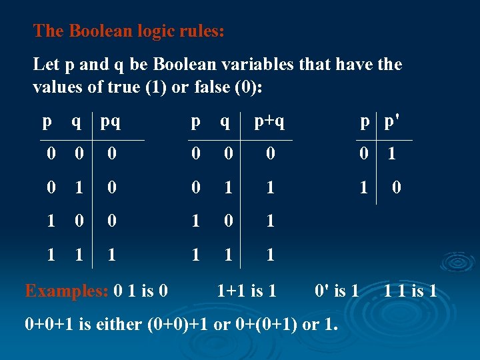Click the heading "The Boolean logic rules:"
(129, 31)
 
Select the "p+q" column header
(270, 123)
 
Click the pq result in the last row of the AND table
(112, 254)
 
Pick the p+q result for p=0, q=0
(270, 155)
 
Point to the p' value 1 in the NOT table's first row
(392, 155)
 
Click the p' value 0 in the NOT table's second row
(396, 188)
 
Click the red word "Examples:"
(67, 290)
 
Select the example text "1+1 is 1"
(247, 290)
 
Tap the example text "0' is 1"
(337, 290)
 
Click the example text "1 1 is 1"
(411, 290)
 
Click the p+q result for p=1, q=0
(270, 221)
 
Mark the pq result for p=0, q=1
(112, 188)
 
